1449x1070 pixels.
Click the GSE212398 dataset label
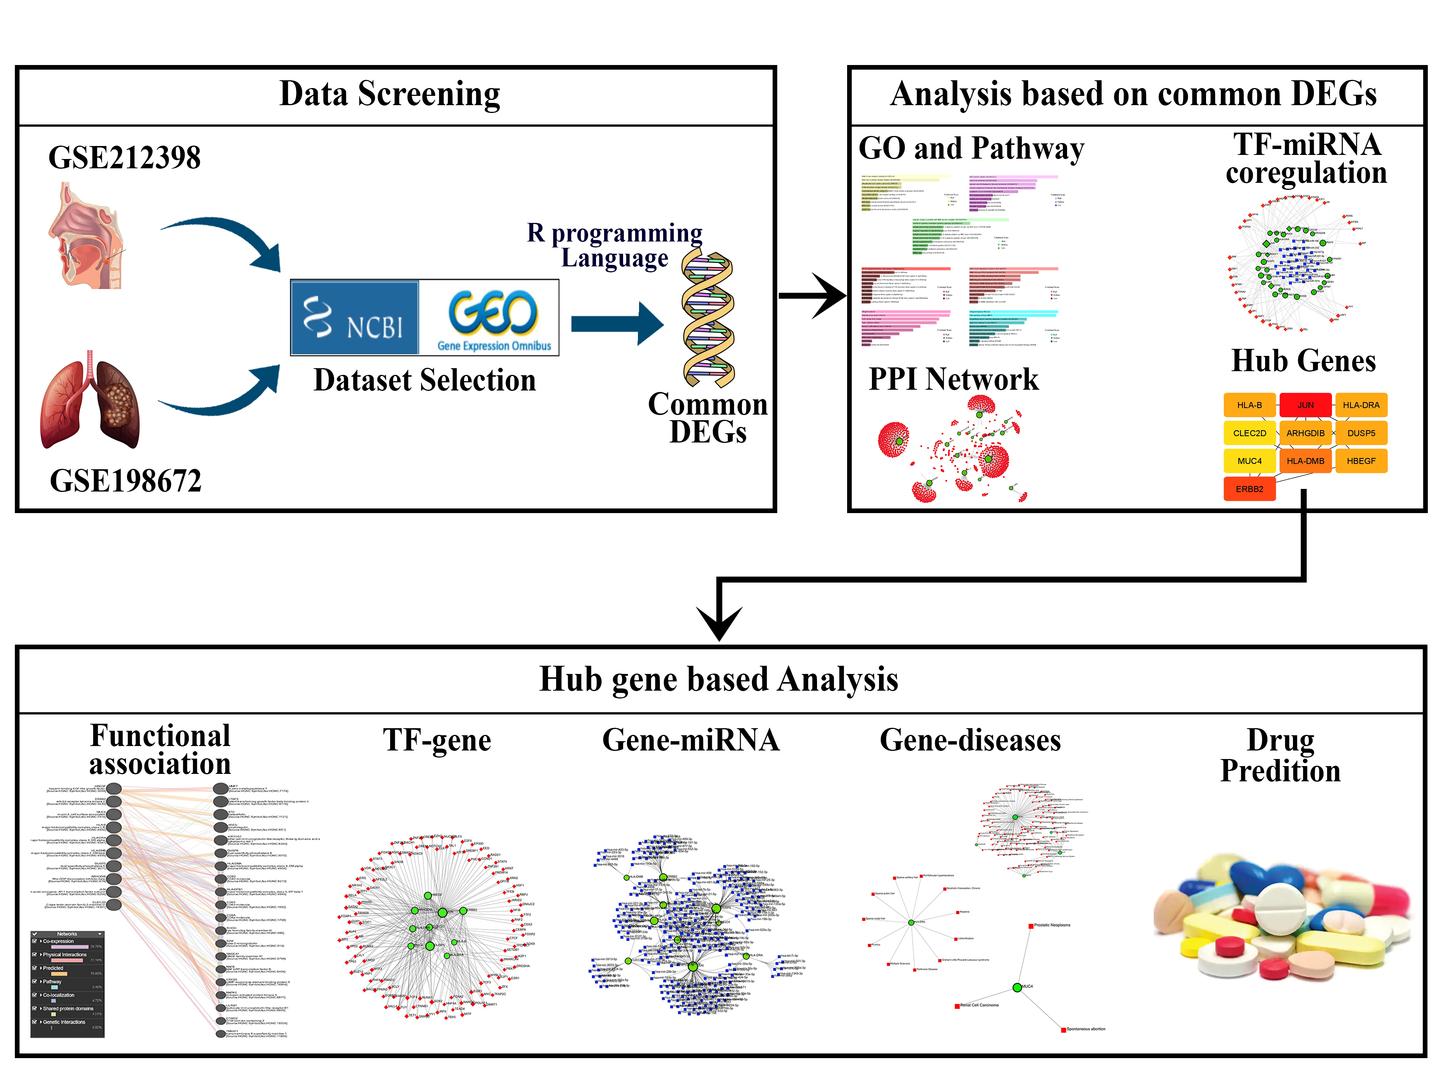click(124, 158)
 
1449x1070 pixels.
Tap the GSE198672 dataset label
click(126, 481)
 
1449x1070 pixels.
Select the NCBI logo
click(354, 317)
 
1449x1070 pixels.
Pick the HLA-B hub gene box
click(1249, 405)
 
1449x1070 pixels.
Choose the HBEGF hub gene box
click(1361, 461)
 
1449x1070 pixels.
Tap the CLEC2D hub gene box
click(1249, 433)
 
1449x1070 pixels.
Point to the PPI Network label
click(953, 379)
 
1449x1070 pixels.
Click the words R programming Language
click(614, 245)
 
